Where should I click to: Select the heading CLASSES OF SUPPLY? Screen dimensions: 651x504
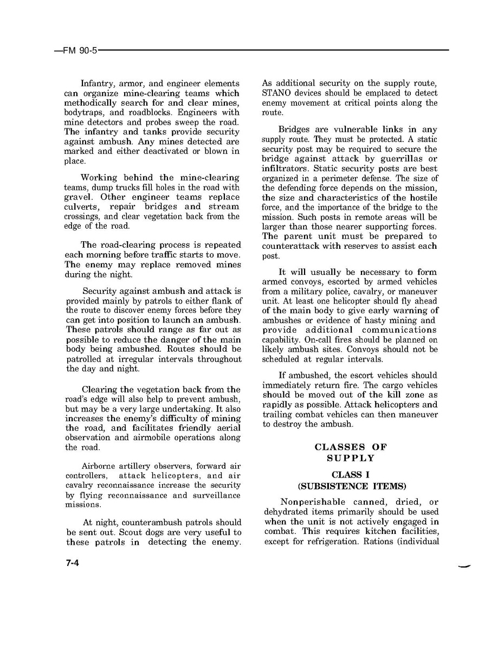click(351, 453)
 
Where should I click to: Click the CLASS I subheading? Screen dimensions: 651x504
click(351, 475)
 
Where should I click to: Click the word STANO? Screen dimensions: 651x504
click(276, 93)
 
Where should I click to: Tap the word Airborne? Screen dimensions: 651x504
click(98, 466)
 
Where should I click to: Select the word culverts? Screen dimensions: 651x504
click(81, 207)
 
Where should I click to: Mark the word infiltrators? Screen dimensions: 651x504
click(285, 169)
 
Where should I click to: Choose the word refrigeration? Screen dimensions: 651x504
click(333, 542)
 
